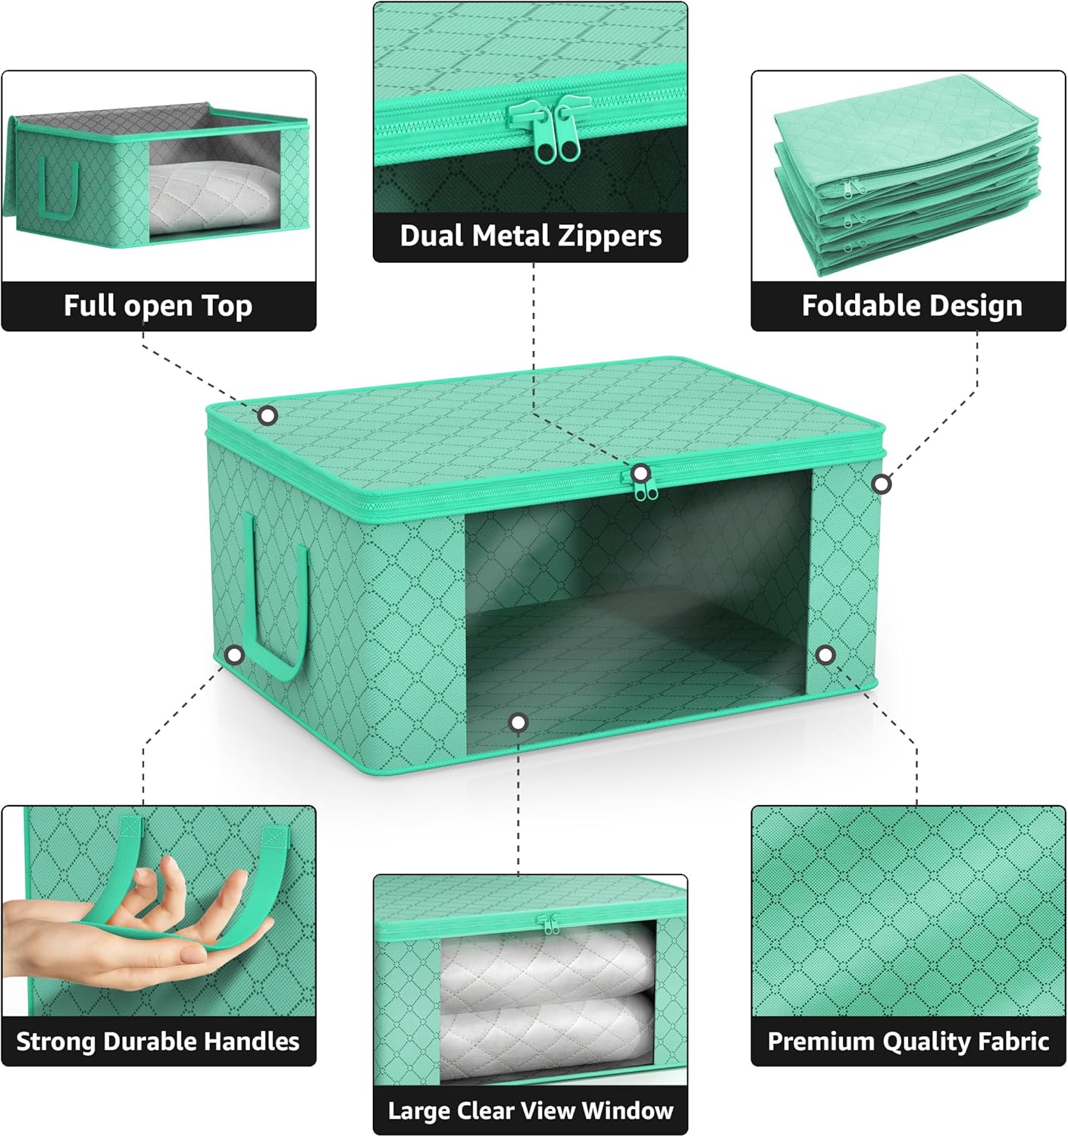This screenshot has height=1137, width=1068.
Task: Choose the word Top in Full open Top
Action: (227, 305)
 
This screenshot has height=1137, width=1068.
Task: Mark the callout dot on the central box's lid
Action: (268, 415)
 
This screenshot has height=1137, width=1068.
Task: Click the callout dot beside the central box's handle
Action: (235, 654)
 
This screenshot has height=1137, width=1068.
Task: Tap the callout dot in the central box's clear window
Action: (518, 722)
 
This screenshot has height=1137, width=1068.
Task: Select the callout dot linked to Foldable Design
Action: (881, 484)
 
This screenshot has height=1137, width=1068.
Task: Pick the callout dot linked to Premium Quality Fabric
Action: (825, 654)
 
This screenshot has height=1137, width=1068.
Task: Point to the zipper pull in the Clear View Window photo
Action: (548, 924)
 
